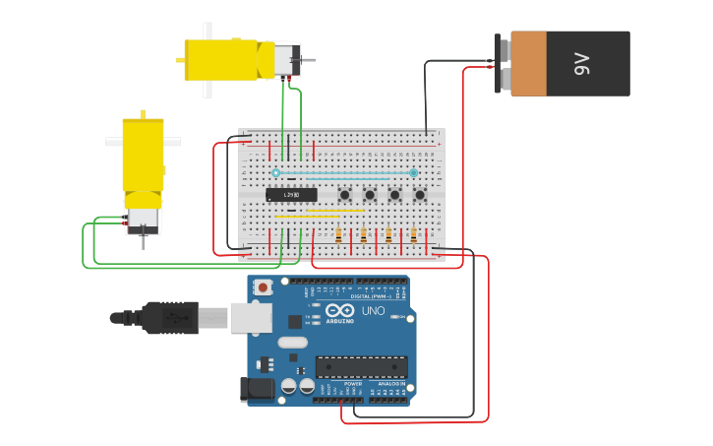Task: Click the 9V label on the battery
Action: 580,65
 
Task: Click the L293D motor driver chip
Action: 291,194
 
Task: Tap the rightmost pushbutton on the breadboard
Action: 420,195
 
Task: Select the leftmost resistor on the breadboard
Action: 339,235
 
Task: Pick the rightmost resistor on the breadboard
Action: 414,235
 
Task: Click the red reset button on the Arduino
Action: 263,287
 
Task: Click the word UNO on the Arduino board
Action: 373,311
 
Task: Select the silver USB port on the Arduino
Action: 251,317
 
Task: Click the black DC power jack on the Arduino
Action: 258,390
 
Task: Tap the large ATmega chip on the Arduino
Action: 361,367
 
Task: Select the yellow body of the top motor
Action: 229,60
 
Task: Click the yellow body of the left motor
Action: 143,155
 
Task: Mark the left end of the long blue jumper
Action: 276,173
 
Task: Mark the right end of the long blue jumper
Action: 414,173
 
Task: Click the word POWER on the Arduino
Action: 352,384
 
